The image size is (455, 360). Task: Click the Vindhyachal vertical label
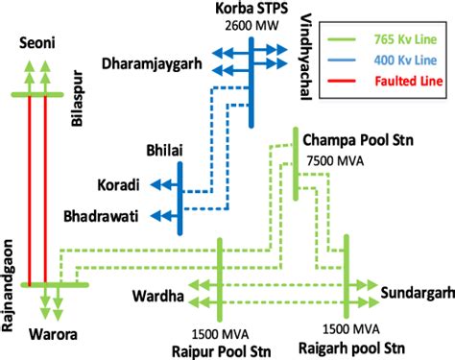(x=304, y=66)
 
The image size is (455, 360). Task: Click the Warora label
(x=41, y=335)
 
